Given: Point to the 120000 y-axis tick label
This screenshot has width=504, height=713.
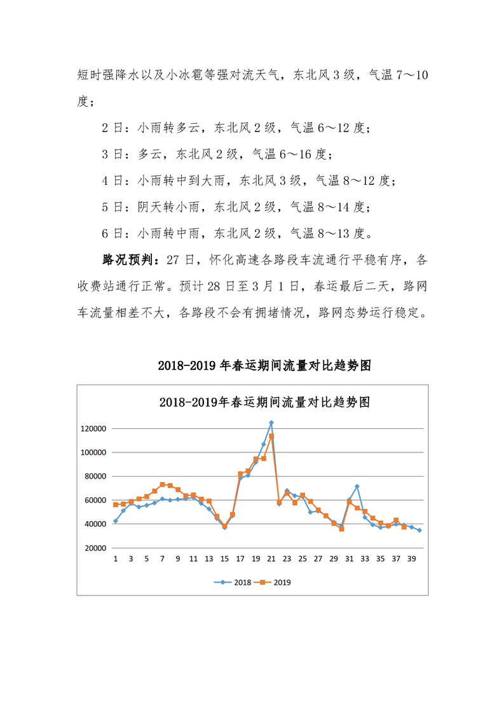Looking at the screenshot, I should [x=93, y=428].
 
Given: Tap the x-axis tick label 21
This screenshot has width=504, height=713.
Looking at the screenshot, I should [x=271, y=559].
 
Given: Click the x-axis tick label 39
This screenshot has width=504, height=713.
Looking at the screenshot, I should [x=411, y=559].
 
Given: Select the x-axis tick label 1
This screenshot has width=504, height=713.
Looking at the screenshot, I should [x=116, y=559].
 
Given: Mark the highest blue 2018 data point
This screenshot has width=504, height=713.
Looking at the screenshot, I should [x=271, y=423].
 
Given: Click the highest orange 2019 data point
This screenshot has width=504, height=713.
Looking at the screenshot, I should [x=271, y=436].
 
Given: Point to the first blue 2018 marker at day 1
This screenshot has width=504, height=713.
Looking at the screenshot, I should [x=116, y=521].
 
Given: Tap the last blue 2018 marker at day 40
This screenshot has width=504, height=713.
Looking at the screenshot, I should [x=419, y=530].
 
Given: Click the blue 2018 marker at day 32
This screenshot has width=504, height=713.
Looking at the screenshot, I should [x=357, y=486].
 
